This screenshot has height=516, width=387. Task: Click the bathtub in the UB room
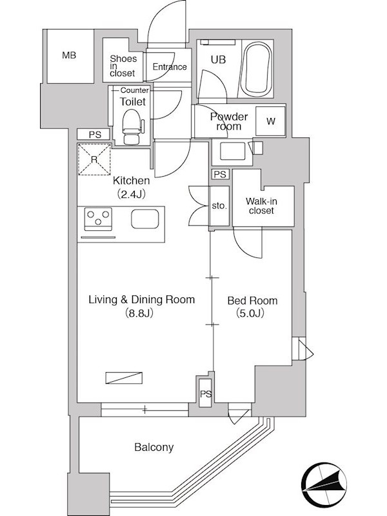click(257, 68)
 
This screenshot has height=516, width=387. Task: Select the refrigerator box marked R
click(94, 159)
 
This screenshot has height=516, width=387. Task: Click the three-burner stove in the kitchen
click(98, 219)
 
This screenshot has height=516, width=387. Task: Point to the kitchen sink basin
click(144, 219)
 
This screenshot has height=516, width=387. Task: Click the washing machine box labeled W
click(270, 121)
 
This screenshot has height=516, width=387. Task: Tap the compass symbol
click(324, 485)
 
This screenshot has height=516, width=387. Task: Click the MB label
click(69, 55)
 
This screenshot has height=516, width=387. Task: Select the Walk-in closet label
click(261, 206)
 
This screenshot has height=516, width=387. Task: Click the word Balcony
click(154, 448)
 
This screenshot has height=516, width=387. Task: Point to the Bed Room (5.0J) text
click(252, 307)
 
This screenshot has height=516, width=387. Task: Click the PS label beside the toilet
click(94, 134)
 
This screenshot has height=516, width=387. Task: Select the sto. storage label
click(219, 206)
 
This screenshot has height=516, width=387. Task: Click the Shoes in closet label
click(123, 66)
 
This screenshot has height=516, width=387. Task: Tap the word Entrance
click(170, 67)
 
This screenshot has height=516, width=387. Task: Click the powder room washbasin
click(233, 151)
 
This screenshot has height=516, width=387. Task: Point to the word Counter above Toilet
click(134, 90)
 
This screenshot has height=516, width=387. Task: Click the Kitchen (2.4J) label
click(132, 188)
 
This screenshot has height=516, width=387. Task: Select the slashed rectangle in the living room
click(124, 378)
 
